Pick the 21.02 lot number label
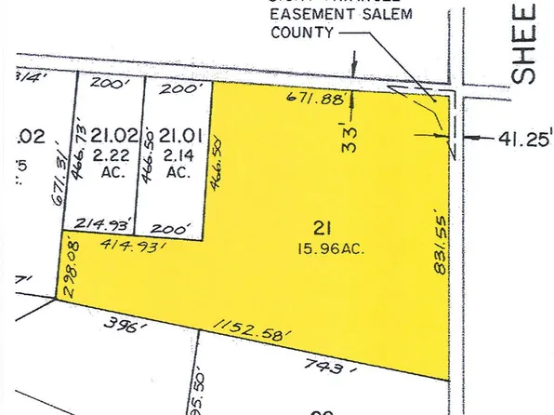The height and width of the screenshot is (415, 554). [107, 136]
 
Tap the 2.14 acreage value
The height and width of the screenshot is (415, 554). [176, 154]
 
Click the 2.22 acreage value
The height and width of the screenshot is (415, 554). [107, 154]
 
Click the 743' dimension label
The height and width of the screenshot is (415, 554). [323, 368]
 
